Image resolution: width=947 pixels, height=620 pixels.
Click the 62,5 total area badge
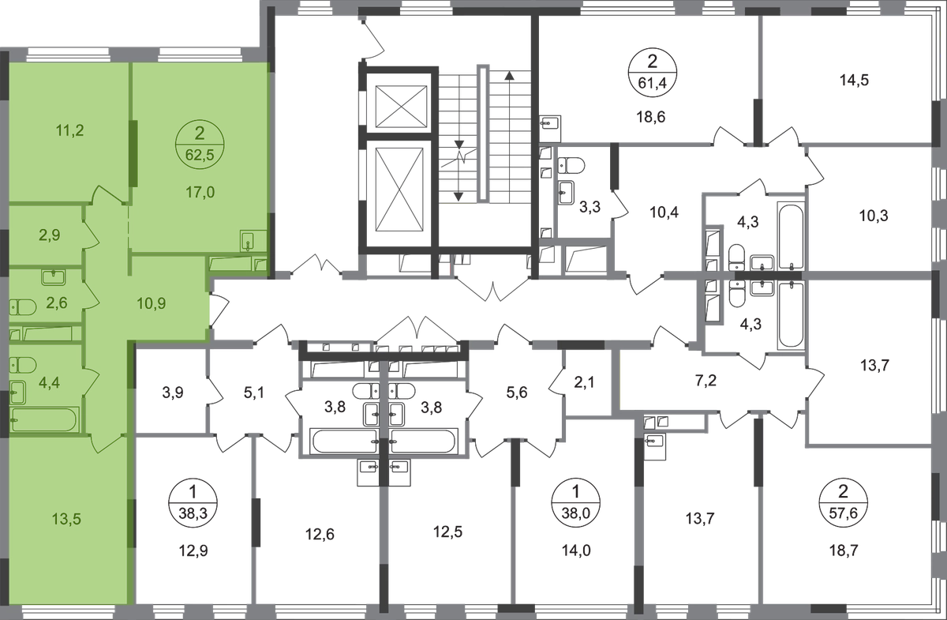click(200, 145)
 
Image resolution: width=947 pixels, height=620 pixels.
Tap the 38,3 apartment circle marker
click(193, 503)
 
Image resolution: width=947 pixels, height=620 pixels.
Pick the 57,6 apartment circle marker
click(843, 503)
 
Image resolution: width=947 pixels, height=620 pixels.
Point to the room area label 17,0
click(200, 193)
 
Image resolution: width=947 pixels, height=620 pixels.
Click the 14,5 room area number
click(854, 80)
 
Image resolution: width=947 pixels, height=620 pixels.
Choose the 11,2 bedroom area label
click(69, 131)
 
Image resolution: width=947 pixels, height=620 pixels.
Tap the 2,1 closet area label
click(584, 382)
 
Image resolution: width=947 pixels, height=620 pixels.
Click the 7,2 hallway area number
click(706, 381)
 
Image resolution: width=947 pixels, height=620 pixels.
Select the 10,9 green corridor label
click(152, 303)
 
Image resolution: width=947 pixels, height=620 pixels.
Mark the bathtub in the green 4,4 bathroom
click(45, 420)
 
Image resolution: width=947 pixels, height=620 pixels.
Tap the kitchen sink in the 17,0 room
click(253, 241)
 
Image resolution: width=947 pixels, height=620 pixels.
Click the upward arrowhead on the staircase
click(510, 76)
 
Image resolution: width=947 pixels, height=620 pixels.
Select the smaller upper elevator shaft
click(401, 106)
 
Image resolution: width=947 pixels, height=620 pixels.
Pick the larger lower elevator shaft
click(399, 190)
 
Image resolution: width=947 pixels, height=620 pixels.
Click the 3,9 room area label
click(173, 393)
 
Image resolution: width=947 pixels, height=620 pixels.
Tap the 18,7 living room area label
click(844, 551)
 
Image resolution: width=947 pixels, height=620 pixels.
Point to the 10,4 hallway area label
click(664, 212)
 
